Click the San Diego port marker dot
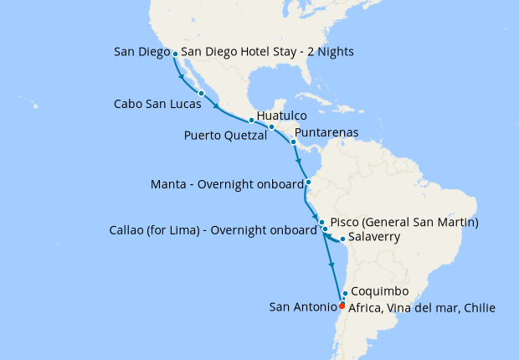[175, 54]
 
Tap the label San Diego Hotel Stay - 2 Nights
[267, 52]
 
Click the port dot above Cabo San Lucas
[202, 93]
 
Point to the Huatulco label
[282, 115]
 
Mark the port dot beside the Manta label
[308, 182]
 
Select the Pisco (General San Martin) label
[404, 223]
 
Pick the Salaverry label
[374, 238]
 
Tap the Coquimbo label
[380, 291]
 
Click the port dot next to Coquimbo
[345, 293]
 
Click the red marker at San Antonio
[342, 305]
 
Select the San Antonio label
[301, 308]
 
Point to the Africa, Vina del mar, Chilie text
[422, 308]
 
